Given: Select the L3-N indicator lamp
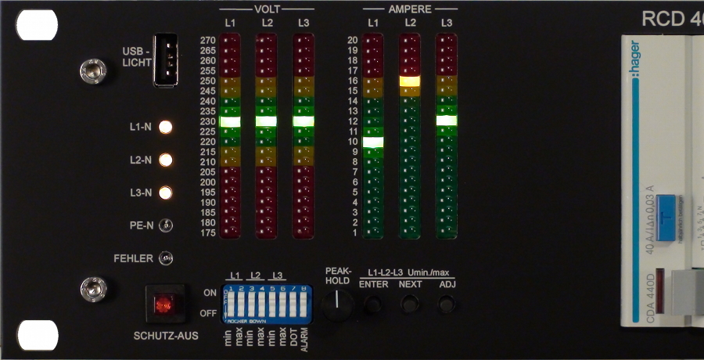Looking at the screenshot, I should tap(166, 193).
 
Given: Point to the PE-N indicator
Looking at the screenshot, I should tap(166, 226).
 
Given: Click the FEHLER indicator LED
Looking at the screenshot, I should tap(166, 257).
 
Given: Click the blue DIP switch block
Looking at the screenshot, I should tap(268, 304).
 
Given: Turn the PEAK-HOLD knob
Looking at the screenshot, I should tap(338, 301).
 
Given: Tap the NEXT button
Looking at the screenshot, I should tap(410, 304).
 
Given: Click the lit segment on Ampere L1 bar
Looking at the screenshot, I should tap(374, 142).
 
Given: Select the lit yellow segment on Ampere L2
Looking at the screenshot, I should tap(410, 81).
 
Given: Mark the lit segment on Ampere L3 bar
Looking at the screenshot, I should tap(446, 121).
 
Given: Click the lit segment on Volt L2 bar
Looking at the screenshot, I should tap(267, 121).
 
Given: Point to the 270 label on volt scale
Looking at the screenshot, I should tap(207, 40).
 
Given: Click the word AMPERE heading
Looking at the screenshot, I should tap(411, 9).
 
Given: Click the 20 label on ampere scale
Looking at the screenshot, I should tap(353, 40).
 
